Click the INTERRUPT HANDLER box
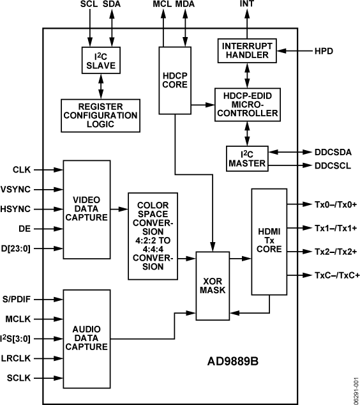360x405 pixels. point(248,50)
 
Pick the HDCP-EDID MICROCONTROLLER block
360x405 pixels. point(248,103)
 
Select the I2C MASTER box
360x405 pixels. point(248,159)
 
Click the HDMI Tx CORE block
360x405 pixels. point(267,240)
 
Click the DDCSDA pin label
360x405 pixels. point(333,153)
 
